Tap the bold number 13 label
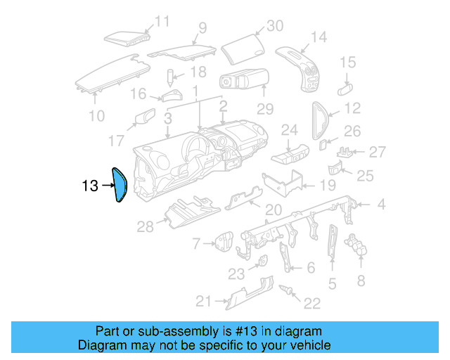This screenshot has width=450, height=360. click(x=89, y=186)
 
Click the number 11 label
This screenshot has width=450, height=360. click(x=162, y=22)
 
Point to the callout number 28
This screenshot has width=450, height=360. click(x=145, y=226)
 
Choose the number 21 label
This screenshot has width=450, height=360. click(x=203, y=302)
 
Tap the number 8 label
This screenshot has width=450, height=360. click(x=361, y=281)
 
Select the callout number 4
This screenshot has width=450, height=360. click(x=381, y=205)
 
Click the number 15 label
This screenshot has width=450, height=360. click(x=348, y=63)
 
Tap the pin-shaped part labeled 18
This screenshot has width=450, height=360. click(x=170, y=75)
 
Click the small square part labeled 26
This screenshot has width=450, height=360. click(x=323, y=145)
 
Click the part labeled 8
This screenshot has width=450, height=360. click(x=359, y=247)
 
